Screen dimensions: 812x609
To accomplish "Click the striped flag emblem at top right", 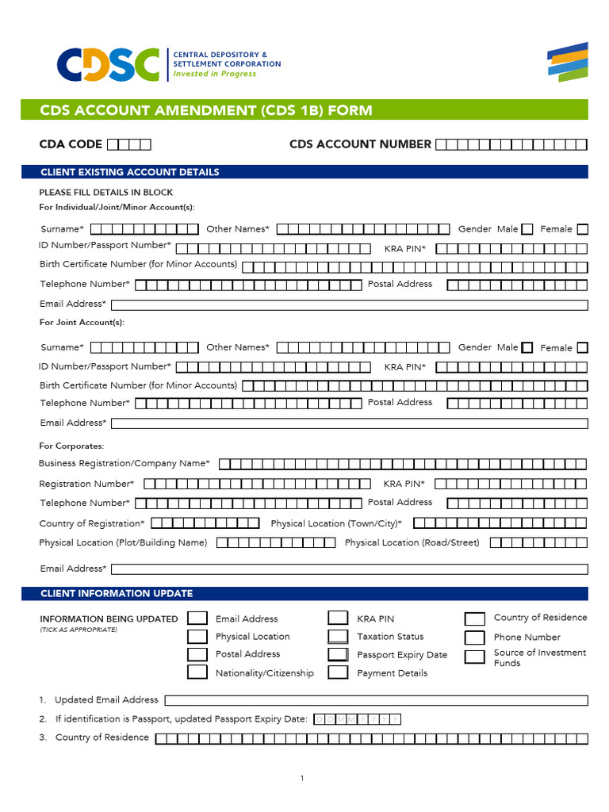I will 568,63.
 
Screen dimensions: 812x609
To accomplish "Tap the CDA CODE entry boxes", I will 128,144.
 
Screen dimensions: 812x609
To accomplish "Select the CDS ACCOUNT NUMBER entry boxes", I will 511,144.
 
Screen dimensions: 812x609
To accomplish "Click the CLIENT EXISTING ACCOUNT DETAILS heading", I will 129,172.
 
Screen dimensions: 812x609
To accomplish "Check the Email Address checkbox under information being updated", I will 197,619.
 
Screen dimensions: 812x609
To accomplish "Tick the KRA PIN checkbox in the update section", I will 339,619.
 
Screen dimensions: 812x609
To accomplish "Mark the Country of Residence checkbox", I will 475,619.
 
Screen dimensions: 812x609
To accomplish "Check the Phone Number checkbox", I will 475,638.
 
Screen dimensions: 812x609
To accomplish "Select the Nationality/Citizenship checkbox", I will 197,672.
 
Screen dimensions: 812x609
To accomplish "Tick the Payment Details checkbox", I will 339,672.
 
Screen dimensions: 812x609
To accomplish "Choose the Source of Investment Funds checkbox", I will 475,657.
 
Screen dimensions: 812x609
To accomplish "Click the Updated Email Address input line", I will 376,700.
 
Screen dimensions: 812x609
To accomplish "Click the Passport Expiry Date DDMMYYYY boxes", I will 358,719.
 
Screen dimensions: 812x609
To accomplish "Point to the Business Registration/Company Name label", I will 124,463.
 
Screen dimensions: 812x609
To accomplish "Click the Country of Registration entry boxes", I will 205,523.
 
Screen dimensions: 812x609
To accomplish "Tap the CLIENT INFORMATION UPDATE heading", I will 117,593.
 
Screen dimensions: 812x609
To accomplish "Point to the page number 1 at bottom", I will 302,779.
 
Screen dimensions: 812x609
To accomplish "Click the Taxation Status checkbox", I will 339,637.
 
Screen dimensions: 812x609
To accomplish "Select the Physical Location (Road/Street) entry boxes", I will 538,543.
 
